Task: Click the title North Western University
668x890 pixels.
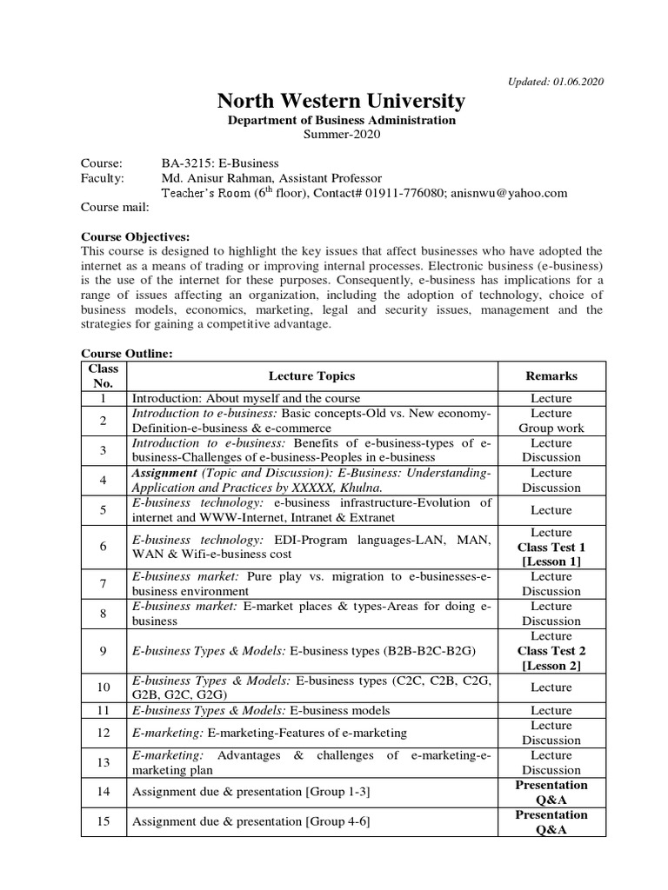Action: tap(340, 101)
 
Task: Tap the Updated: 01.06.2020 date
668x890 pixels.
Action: tap(555, 82)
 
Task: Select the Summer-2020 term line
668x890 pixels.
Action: tap(341, 135)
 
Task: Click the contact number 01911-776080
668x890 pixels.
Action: tap(408, 193)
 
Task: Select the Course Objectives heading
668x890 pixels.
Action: tap(135, 236)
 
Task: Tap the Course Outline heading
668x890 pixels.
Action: tap(126, 354)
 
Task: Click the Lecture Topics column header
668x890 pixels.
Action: tap(311, 375)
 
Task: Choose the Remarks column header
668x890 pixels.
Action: tap(551, 375)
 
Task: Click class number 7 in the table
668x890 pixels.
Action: tap(103, 583)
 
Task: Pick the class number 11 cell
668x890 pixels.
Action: tap(103, 710)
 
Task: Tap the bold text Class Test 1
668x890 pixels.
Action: tap(551, 548)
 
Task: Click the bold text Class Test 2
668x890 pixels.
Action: tap(551, 651)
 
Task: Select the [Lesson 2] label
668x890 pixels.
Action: tap(551, 666)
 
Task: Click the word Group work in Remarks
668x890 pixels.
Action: tap(551, 428)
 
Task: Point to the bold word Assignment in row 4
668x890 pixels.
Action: tap(164, 473)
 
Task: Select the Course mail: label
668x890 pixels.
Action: tap(115, 207)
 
